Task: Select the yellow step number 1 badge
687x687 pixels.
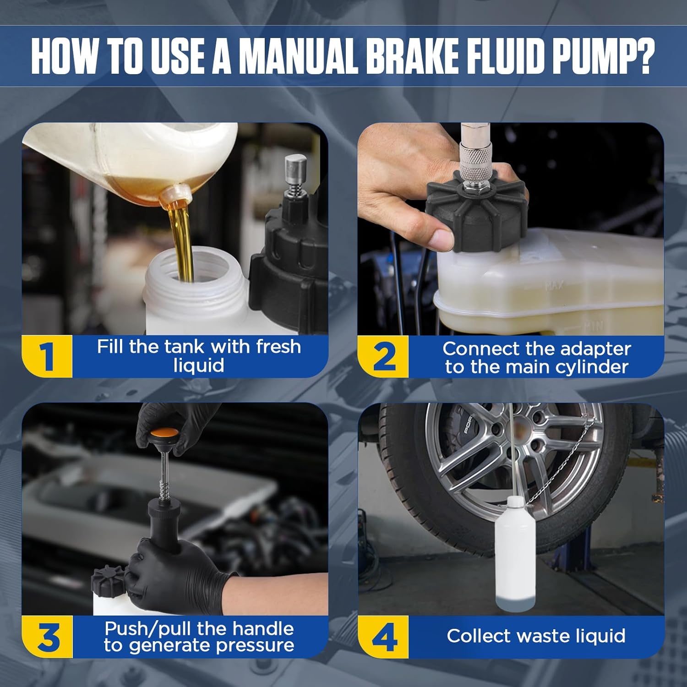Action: pyautogui.click(x=47, y=356)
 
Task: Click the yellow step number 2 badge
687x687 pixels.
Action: pyautogui.click(x=383, y=356)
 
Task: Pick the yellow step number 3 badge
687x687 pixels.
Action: pyautogui.click(x=47, y=637)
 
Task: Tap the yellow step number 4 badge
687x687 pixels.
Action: pyautogui.click(x=383, y=637)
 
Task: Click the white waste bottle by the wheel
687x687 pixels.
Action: pyautogui.click(x=515, y=554)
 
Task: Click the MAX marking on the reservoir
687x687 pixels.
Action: pyautogui.click(x=554, y=287)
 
